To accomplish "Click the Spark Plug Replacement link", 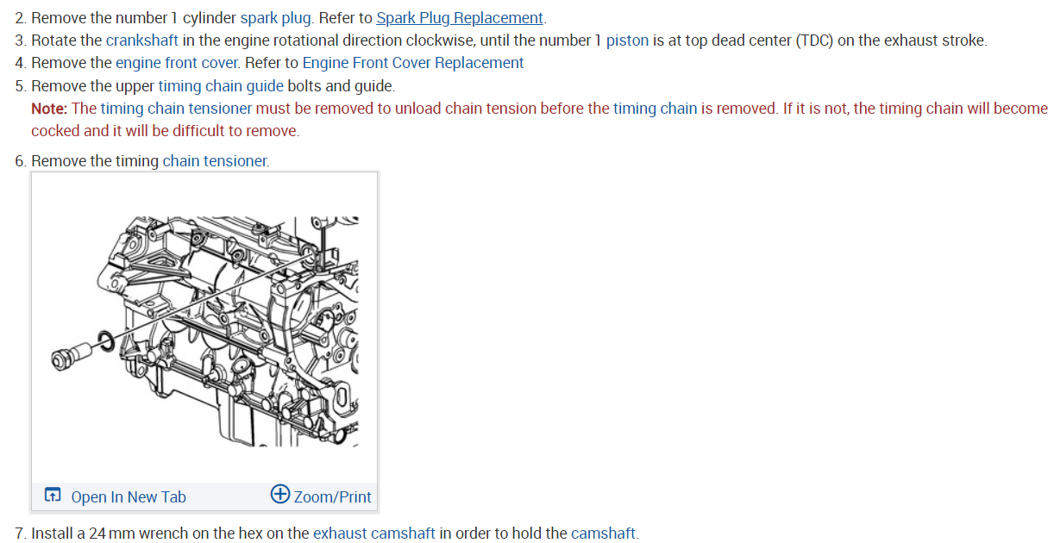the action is click(460, 18).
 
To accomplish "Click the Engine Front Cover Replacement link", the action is click(412, 63).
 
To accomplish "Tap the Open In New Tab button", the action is click(116, 496).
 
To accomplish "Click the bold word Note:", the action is click(49, 109).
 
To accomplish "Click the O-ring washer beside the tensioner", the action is click(104, 339).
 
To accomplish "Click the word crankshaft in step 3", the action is click(142, 41).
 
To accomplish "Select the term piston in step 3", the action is click(627, 41).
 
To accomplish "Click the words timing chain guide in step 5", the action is click(221, 86).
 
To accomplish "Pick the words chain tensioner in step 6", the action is click(216, 161).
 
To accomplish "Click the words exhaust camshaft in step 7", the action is click(373, 534).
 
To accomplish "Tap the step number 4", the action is click(20, 63).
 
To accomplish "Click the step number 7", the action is click(20, 534).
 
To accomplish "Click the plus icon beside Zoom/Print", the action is click(280, 495).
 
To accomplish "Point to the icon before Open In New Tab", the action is click(53, 496).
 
